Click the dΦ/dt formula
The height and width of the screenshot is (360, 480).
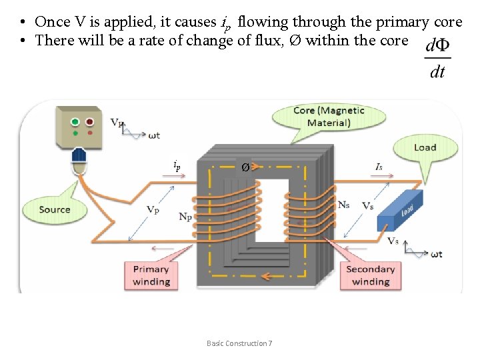point(437,58)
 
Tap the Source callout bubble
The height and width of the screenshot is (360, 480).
point(55,209)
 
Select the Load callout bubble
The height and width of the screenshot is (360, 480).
point(425,147)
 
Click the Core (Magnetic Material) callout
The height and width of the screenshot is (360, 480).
point(329,117)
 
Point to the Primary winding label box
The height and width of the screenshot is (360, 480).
point(151,275)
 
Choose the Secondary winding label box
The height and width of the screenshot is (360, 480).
point(371,275)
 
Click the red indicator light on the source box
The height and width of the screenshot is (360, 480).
point(89,122)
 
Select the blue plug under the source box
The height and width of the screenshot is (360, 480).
point(79,155)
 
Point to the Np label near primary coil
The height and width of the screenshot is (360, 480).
point(187,216)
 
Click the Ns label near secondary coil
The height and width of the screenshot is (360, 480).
point(344,205)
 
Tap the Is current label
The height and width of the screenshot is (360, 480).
point(379,168)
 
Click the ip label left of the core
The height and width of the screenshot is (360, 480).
point(177,165)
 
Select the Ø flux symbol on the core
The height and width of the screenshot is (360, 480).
point(245,167)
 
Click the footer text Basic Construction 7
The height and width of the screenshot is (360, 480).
point(239,343)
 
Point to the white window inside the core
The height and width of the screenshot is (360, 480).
point(272,210)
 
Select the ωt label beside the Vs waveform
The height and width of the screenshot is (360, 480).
point(436,254)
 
